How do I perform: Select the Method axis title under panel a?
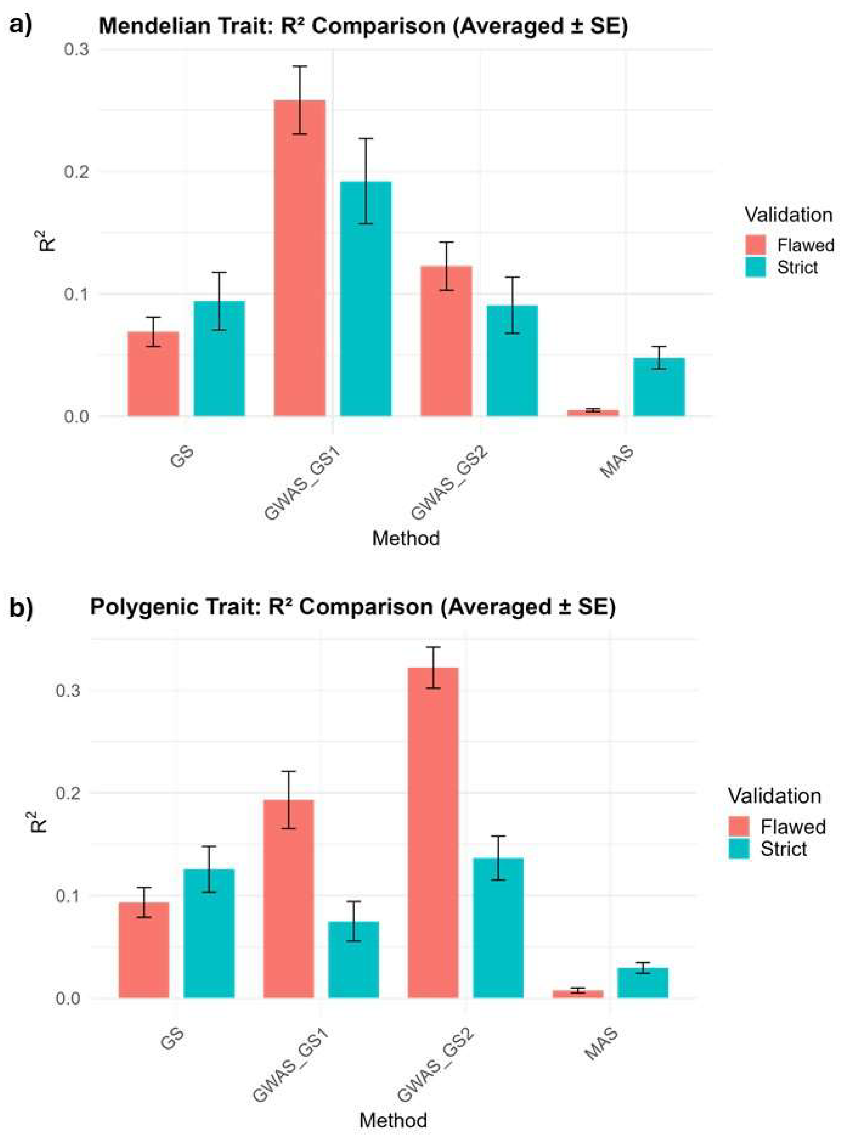[x=406, y=538]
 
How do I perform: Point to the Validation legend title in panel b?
[x=774, y=795]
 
